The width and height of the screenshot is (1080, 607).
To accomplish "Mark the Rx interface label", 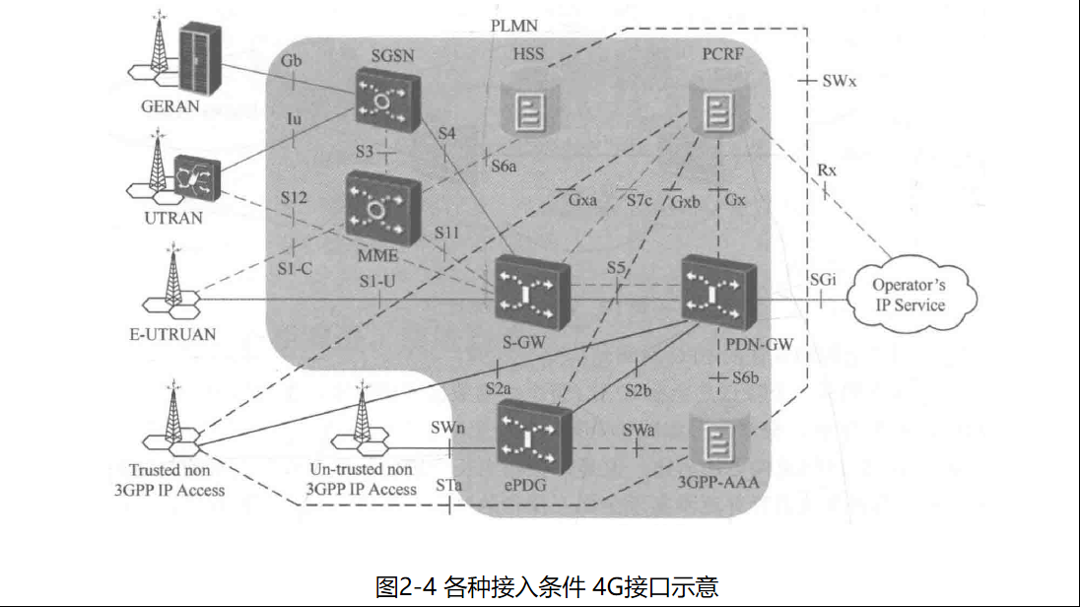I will [827, 169].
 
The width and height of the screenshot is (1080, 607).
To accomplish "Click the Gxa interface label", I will [582, 201].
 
